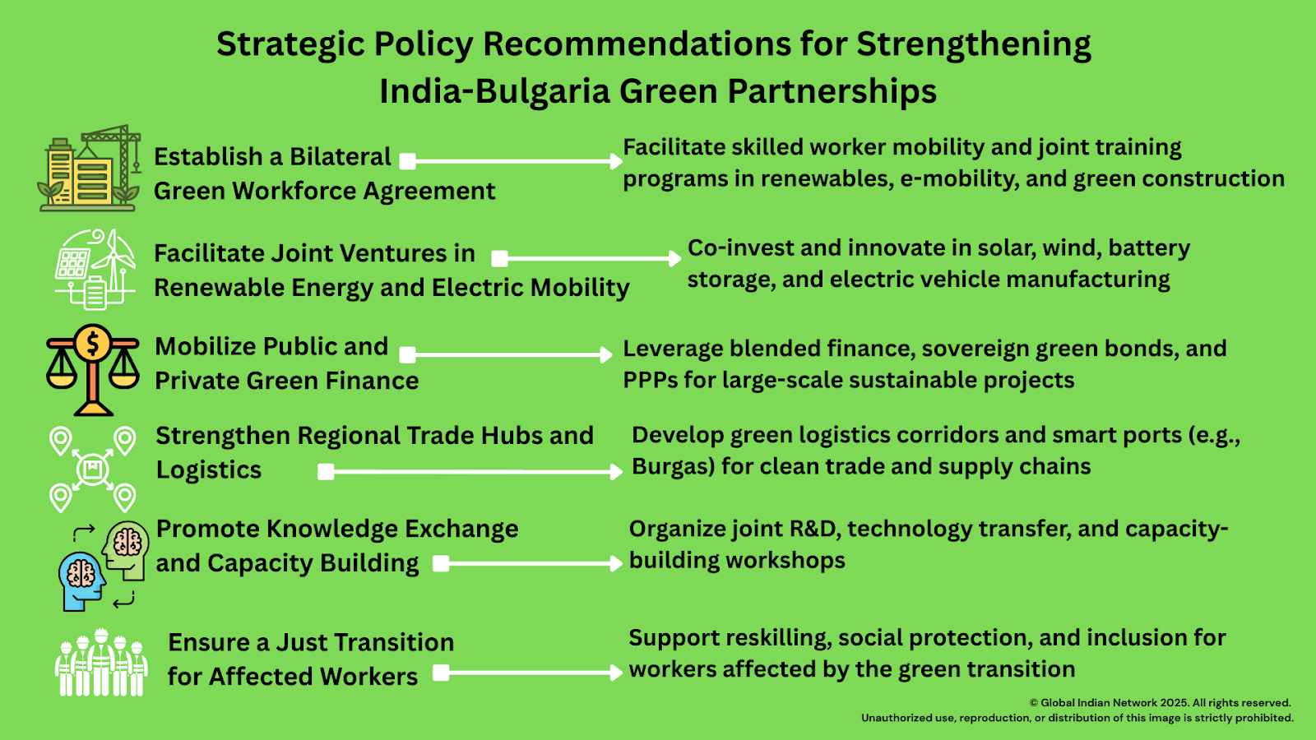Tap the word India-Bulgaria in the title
point(494,91)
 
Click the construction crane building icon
point(90,169)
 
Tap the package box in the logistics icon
point(93,469)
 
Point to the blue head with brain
point(81,580)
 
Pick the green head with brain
point(126,550)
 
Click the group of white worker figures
point(101,663)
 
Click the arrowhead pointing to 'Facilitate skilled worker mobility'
point(616,161)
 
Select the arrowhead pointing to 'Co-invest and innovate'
point(675,258)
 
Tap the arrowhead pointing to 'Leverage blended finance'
point(606,354)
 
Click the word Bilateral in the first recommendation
point(341,157)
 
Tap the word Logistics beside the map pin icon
point(209,469)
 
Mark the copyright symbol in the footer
point(1033,703)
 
